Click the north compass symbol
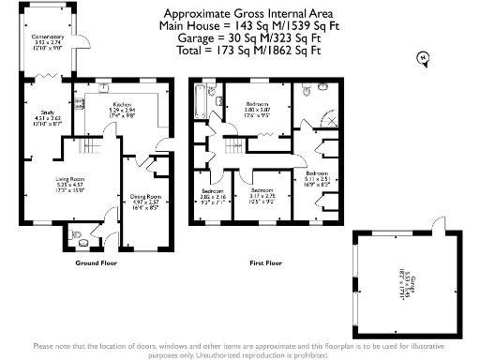(x=421, y=59)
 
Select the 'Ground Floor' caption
(x=95, y=262)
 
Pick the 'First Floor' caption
(x=267, y=262)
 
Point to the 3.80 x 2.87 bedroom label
(x=257, y=109)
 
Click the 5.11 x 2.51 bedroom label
(x=316, y=179)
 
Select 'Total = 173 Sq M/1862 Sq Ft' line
(x=242, y=51)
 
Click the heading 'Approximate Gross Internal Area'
(x=242, y=14)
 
